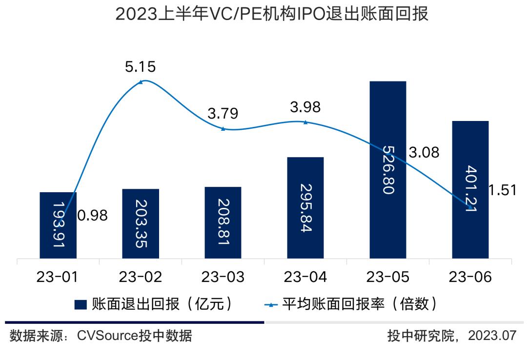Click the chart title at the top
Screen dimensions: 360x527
tap(272, 14)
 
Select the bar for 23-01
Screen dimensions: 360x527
tap(58, 225)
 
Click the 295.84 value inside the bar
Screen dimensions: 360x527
tap(305, 208)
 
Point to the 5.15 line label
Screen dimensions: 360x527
tap(140, 67)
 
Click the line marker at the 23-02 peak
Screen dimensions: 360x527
tap(141, 82)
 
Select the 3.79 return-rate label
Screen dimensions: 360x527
tap(223, 114)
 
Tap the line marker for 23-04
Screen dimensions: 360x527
tap(305, 122)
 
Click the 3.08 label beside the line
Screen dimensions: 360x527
tap(424, 153)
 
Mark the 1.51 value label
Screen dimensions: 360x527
tap(502, 190)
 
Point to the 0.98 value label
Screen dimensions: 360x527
tap(92, 215)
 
